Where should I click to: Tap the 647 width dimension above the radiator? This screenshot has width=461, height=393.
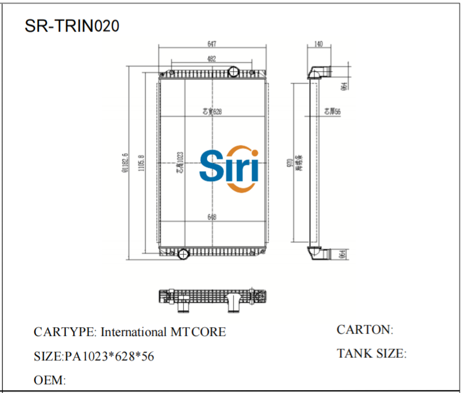(x=212, y=44)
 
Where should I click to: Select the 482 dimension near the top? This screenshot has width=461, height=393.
(x=212, y=58)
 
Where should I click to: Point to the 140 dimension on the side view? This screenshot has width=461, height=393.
(x=318, y=44)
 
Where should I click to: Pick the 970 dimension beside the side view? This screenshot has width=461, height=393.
(x=290, y=164)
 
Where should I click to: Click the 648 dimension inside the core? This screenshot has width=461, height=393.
(x=212, y=217)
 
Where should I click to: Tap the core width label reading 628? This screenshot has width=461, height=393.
(x=213, y=111)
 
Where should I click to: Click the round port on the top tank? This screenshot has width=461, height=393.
(x=233, y=72)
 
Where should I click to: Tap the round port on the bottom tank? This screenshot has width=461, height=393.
(x=183, y=254)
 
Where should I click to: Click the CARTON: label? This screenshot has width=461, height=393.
(x=365, y=330)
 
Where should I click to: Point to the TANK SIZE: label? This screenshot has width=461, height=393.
(x=371, y=353)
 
